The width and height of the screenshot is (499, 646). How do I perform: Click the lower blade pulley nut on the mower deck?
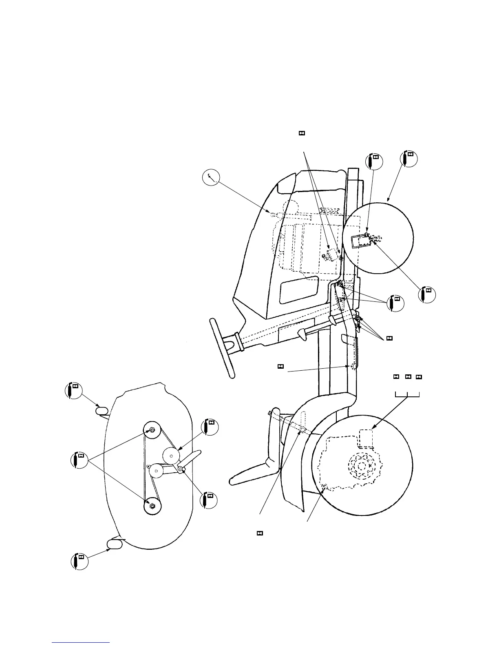tap(152, 506)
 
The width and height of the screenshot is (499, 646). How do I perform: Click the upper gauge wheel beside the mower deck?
tap(102, 410)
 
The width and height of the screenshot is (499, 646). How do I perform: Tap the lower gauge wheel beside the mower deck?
tap(114, 543)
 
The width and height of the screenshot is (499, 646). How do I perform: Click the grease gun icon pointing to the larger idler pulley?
tap(210, 427)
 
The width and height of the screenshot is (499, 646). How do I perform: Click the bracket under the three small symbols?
tap(407, 394)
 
